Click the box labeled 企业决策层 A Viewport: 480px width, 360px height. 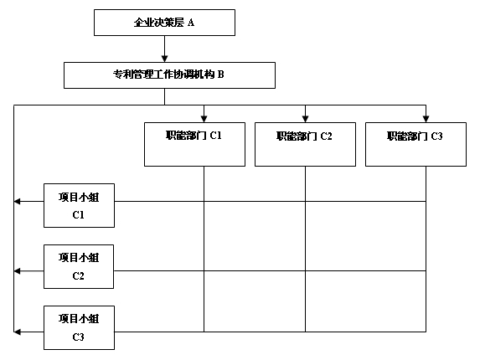click(x=164, y=23)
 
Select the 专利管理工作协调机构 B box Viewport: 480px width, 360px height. click(x=169, y=75)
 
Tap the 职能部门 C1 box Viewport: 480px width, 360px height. click(x=194, y=144)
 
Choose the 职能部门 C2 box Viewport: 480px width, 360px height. click(x=305, y=144)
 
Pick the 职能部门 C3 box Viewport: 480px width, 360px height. click(x=415, y=144)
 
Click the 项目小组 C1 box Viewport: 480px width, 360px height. click(x=79, y=206)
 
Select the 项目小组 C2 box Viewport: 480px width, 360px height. click(x=79, y=266)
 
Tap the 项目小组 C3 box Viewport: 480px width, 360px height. click(x=79, y=327)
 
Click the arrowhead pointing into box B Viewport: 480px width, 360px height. click(x=164, y=59)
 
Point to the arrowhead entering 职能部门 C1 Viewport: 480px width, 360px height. click(x=204, y=119)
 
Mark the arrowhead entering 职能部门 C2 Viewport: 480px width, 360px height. click(x=305, y=119)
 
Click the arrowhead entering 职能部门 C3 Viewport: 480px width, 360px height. click(x=426, y=119)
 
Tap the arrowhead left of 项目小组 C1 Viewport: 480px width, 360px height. click(x=17, y=201)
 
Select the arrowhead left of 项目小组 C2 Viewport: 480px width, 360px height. click(x=17, y=271)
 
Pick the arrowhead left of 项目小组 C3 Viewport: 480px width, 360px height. click(x=17, y=332)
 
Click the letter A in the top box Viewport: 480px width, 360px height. click(x=191, y=23)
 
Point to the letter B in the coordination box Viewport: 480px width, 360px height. click(x=220, y=75)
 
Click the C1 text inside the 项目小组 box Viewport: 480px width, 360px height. click(x=79, y=215)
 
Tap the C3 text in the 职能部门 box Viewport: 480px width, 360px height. click(x=436, y=136)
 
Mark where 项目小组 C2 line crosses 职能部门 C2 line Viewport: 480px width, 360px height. click(x=305, y=271)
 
